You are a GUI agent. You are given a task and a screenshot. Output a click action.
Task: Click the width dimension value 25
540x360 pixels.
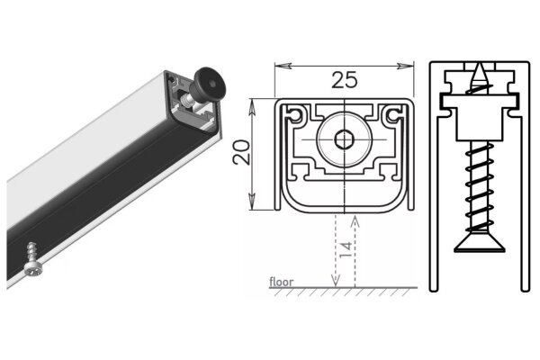pos(344,79)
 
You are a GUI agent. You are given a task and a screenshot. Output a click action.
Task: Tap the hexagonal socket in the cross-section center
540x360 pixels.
pos(345,140)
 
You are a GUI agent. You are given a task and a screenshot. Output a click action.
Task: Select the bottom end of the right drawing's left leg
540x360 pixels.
pos(435,289)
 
